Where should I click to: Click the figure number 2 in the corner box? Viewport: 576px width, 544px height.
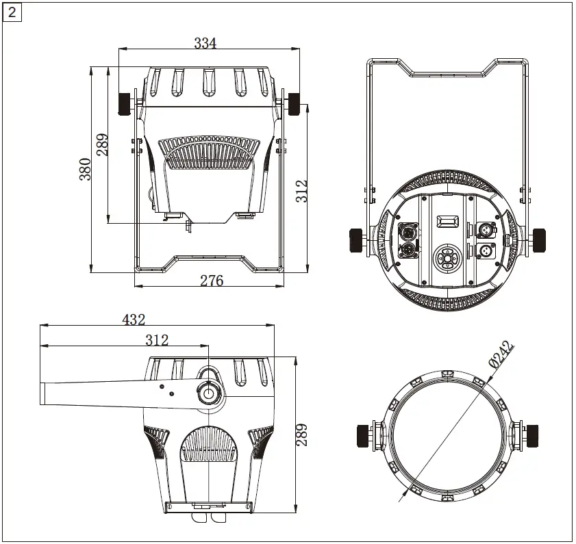tap(12, 12)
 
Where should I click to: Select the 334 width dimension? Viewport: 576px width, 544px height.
tap(205, 43)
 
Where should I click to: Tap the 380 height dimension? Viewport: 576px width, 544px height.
tap(85, 168)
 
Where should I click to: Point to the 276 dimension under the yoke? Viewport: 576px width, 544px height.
tap(212, 281)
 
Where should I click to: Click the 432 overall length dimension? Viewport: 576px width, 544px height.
tap(134, 320)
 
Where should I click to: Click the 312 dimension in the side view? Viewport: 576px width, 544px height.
tap(156, 340)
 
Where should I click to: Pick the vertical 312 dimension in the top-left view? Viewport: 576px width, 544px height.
tap(302, 191)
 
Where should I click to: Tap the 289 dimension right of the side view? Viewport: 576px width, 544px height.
tap(301, 435)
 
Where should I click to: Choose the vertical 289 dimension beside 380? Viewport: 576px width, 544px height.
tap(103, 144)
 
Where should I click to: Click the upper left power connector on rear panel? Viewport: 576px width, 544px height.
tap(406, 229)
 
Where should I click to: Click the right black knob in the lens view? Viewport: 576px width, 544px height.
tap(531, 435)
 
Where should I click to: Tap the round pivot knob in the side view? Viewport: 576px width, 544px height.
tap(208, 393)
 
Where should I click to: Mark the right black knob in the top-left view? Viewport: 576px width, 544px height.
tap(296, 104)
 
